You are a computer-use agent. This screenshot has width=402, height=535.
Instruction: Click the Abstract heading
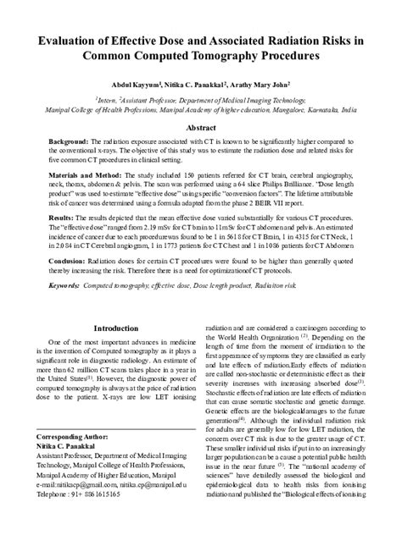point(201,128)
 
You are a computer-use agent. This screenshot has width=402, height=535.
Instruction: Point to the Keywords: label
point(67,287)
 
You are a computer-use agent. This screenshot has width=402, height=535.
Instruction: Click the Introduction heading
point(115,328)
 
